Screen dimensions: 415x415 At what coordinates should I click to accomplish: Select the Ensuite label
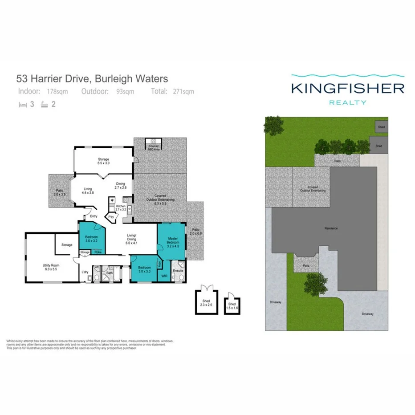pyautogui.click(x=178, y=270)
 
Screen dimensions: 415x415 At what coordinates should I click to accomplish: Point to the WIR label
pyautogui.click(x=164, y=276)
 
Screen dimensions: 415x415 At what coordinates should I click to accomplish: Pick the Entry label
pyautogui.click(x=94, y=216)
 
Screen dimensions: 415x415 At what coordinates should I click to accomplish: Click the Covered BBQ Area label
pyautogui.click(x=154, y=147)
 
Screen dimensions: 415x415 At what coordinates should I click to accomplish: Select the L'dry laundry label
pyautogui.click(x=85, y=273)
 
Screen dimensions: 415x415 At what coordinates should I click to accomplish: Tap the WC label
pyautogui.click(x=97, y=268)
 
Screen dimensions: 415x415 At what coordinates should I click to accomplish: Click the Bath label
pyautogui.click(x=109, y=273)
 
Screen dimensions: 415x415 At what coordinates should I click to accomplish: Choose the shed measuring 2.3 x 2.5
pyautogui.click(x=206, y=303)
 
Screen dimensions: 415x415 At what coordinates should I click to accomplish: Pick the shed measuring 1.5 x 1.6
pyautogui.click(x=232, y=305)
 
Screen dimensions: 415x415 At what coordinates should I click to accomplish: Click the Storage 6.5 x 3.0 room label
pyautogui.click(x=103, y=161)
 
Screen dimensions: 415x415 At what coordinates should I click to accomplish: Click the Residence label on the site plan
pyautogui.click(x=331, y=228)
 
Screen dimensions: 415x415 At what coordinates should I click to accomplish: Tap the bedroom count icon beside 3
pyautogui.click(x=22, y=105)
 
